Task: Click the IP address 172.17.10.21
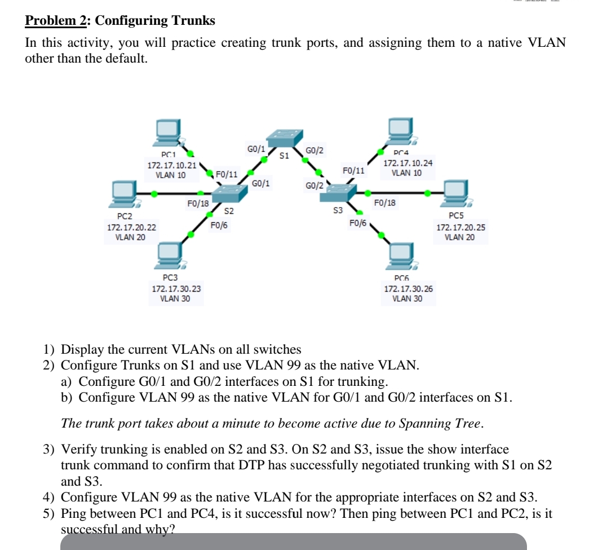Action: [172, 165]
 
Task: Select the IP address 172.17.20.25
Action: [461, 228]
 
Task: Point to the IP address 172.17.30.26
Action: [409, 289]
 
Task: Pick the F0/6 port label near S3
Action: [358, 223]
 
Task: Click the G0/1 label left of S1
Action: [256, 149]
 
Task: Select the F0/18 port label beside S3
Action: [385, 203]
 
